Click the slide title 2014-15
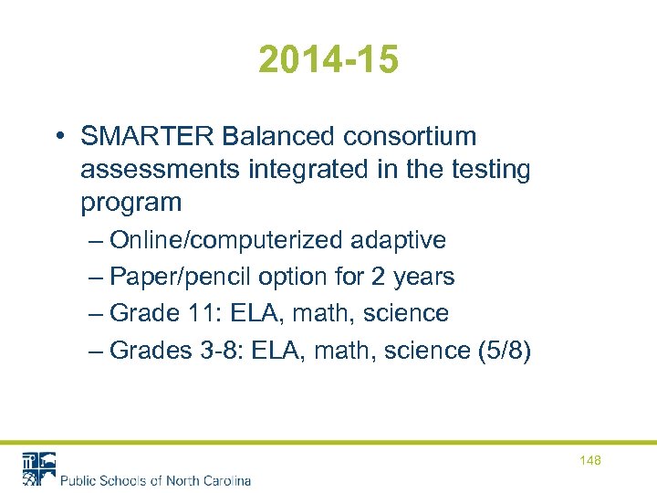tap(328, 60)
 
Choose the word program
tap(131, 203)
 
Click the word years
tap(423, 277)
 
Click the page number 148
tap(590, 461)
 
